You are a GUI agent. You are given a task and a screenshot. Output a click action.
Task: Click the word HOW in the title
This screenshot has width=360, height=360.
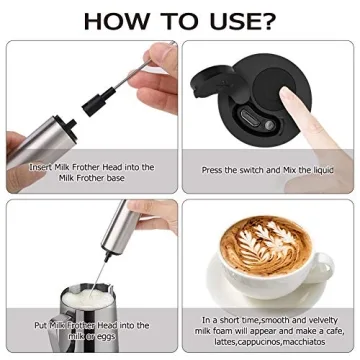[x=117, y=21]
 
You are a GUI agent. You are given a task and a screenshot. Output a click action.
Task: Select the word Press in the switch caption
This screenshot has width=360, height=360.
[x=214, y=171]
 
